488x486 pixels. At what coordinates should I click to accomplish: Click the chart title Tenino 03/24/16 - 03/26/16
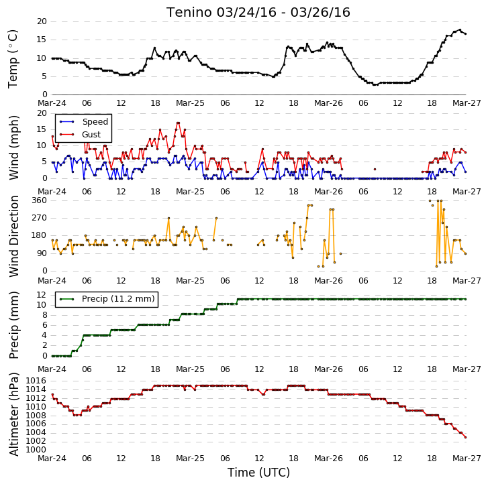click(258, 13)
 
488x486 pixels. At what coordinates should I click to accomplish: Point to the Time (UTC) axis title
click(258, 473)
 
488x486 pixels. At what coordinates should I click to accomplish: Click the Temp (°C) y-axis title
click(13, 59)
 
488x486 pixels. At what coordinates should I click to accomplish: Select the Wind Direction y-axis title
click(13, 236)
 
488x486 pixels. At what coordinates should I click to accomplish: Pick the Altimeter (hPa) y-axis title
click(13, 414)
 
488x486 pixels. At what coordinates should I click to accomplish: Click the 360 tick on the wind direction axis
click(39, 200)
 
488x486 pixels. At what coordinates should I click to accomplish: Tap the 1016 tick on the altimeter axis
click(36, 381)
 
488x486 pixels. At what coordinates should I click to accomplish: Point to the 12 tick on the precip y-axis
click(42, 294)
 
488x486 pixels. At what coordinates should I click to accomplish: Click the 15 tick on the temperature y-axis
click(42, 40)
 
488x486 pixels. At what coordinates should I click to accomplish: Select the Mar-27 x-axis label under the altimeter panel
click(467, 459)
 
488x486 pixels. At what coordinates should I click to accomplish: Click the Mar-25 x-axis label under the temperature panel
click(190, 103)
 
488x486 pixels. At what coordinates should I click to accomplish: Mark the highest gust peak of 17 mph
click(178, 123)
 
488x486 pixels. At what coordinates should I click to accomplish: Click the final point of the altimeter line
click(466, 437)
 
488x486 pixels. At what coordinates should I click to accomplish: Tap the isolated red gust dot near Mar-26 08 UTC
click(375, 170)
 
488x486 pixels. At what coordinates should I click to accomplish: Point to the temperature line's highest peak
click(460, 30)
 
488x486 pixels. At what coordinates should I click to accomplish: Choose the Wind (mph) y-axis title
click(13, 147)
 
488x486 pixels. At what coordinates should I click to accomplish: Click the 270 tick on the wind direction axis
click(39, 218)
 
